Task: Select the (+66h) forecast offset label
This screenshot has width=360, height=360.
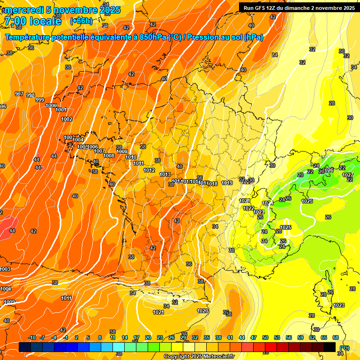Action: click(x=81, y=21)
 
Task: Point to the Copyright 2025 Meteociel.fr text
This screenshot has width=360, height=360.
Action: click(x=199, y=356)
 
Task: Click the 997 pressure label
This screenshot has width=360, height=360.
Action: click(x=19, y=94)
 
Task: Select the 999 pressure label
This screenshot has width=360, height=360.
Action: click(x=40, y=100)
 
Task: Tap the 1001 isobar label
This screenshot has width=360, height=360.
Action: click(x=61, y=110)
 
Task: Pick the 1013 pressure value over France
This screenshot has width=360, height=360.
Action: click(x=165, y=174)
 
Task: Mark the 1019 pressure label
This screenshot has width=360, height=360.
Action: click(x=227, y=183)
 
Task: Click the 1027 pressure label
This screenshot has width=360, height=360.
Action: click(x=347, y=175)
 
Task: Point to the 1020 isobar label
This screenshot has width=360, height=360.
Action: click(x=202, y=311)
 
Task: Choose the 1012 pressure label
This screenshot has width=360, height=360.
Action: click(x=150, y=170)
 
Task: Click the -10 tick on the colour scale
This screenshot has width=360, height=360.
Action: click(x=32, y=337)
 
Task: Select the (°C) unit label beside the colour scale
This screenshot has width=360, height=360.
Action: click(x=345, y=348)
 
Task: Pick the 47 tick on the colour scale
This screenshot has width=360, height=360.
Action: click(x=254, y=337)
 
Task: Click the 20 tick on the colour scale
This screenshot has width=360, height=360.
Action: click(x=148, y=337)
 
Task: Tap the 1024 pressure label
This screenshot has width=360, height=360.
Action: click(x=268, y=203)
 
